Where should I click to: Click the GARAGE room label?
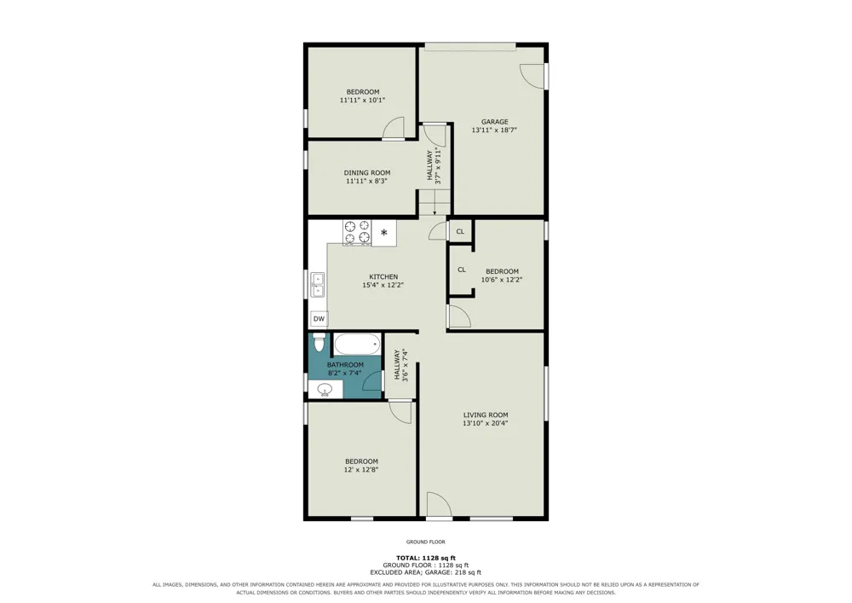click(494, 122)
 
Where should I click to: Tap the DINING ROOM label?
click(366, 173)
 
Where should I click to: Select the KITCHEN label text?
click(383, 276)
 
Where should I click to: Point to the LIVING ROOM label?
click(486, 415)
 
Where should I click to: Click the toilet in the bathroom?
click(319, 343)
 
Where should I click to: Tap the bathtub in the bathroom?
click(356, 345)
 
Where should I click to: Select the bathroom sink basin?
click(325, 389)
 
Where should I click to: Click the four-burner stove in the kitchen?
click(357, 232)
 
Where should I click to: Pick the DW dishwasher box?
click(319, 319)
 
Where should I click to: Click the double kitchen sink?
click(317, 285)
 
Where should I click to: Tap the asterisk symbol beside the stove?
click(383, 233)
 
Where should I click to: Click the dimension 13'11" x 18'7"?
click(494, 130)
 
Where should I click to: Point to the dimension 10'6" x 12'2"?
click(502, 280)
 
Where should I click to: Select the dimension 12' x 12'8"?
click(361, 470)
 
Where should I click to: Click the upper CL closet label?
click(460, 232)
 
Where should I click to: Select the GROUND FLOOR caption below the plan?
click(426, 542)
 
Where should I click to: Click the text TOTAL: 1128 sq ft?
click(426, 558)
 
